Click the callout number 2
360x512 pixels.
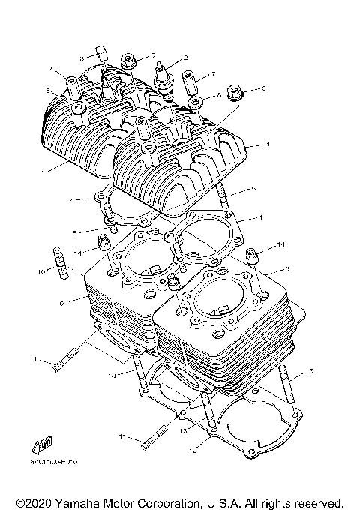[185, 57]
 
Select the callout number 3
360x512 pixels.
[82, 57]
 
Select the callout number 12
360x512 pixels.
[192, 452]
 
